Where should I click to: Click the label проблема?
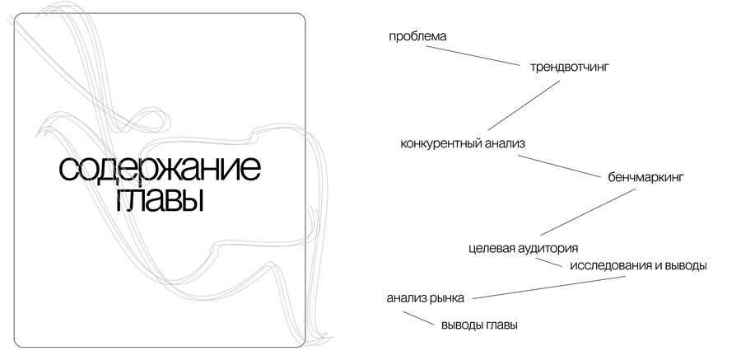click(417, 37)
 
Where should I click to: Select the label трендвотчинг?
click(570, 68)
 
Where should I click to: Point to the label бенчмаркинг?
click(645, 178)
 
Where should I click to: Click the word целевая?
click(492, 249)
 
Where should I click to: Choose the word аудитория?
click(548, 249)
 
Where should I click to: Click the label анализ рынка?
click(426, 299)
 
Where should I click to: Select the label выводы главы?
click(480, 326)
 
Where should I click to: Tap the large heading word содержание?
click(160, 168)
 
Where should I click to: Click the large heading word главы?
click(160, 200)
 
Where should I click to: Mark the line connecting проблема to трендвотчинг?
click(473, 56)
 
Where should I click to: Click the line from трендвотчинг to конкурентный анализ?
click(524, 105)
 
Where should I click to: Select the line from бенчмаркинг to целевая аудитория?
click(588, 212)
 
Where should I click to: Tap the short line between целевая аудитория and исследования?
click(548, 263)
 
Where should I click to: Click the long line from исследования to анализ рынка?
click(549, 288)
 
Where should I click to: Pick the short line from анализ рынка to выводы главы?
click(418, 318)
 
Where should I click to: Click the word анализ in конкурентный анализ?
click(506, 144)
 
